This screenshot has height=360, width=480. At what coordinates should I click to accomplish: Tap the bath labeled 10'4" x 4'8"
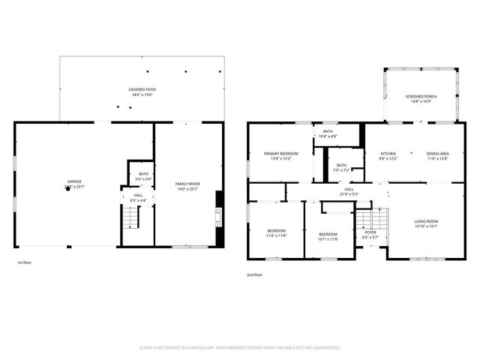328,133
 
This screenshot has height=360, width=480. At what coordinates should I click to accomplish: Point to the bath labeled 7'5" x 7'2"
341,167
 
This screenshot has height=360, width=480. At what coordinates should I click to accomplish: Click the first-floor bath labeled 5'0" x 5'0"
143,176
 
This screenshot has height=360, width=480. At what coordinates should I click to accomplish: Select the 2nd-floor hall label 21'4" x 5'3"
349,191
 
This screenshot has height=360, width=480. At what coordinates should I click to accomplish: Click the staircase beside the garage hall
130,217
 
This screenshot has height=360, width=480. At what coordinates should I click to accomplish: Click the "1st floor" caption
24,262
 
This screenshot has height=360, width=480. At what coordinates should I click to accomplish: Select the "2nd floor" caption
254,275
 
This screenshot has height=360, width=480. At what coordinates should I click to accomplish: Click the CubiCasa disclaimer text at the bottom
240,348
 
